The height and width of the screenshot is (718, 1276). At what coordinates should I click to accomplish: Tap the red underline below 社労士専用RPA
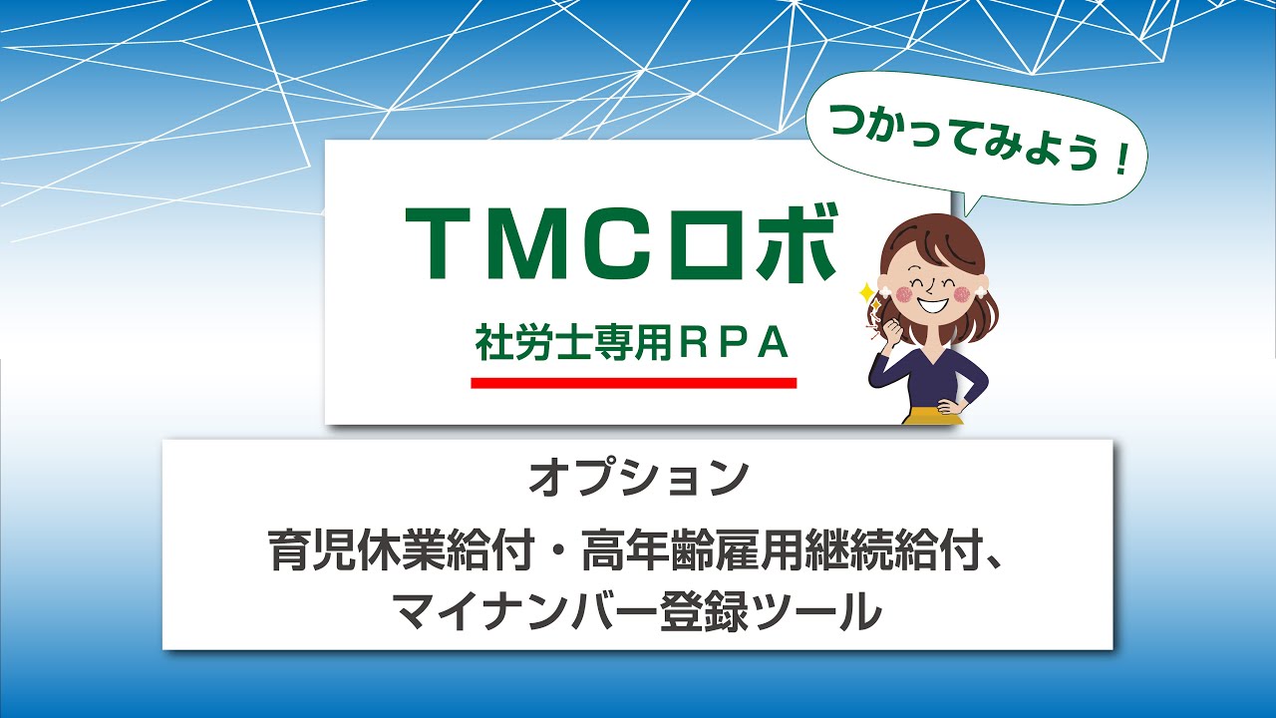pyautogui.click(x=633, y=383)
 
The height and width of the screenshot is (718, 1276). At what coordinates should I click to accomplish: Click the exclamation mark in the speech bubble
pyautogui.click(x=1120, y=162)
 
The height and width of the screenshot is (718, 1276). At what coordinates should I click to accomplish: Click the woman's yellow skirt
pyautogui.click(x=931, y=415)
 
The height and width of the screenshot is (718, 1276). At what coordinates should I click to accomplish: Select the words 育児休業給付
pyautogui.click(x=402, y=552)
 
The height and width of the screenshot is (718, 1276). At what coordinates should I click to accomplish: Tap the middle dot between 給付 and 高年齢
pyautogui.click(x=557, y=552)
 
